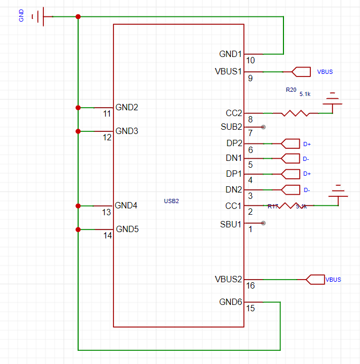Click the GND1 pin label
230,54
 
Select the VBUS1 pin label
229,71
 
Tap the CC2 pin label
233,113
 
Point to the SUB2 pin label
231,127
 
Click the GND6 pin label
231,302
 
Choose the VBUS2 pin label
229,279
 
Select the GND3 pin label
127,131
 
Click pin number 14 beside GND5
107,236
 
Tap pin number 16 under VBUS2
250,285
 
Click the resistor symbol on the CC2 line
296,113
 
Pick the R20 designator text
291,90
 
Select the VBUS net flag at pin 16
315,279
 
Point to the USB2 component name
172,201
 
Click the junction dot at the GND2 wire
78,108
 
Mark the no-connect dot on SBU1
263,223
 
